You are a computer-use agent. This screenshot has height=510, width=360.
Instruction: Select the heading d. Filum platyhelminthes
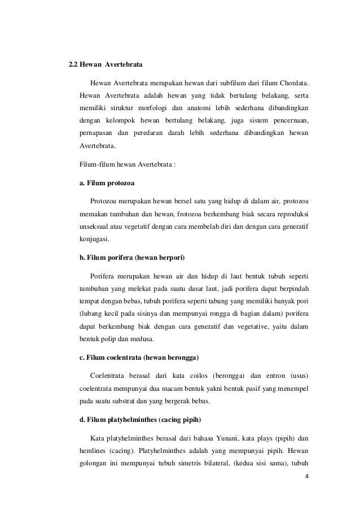(138, 420)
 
